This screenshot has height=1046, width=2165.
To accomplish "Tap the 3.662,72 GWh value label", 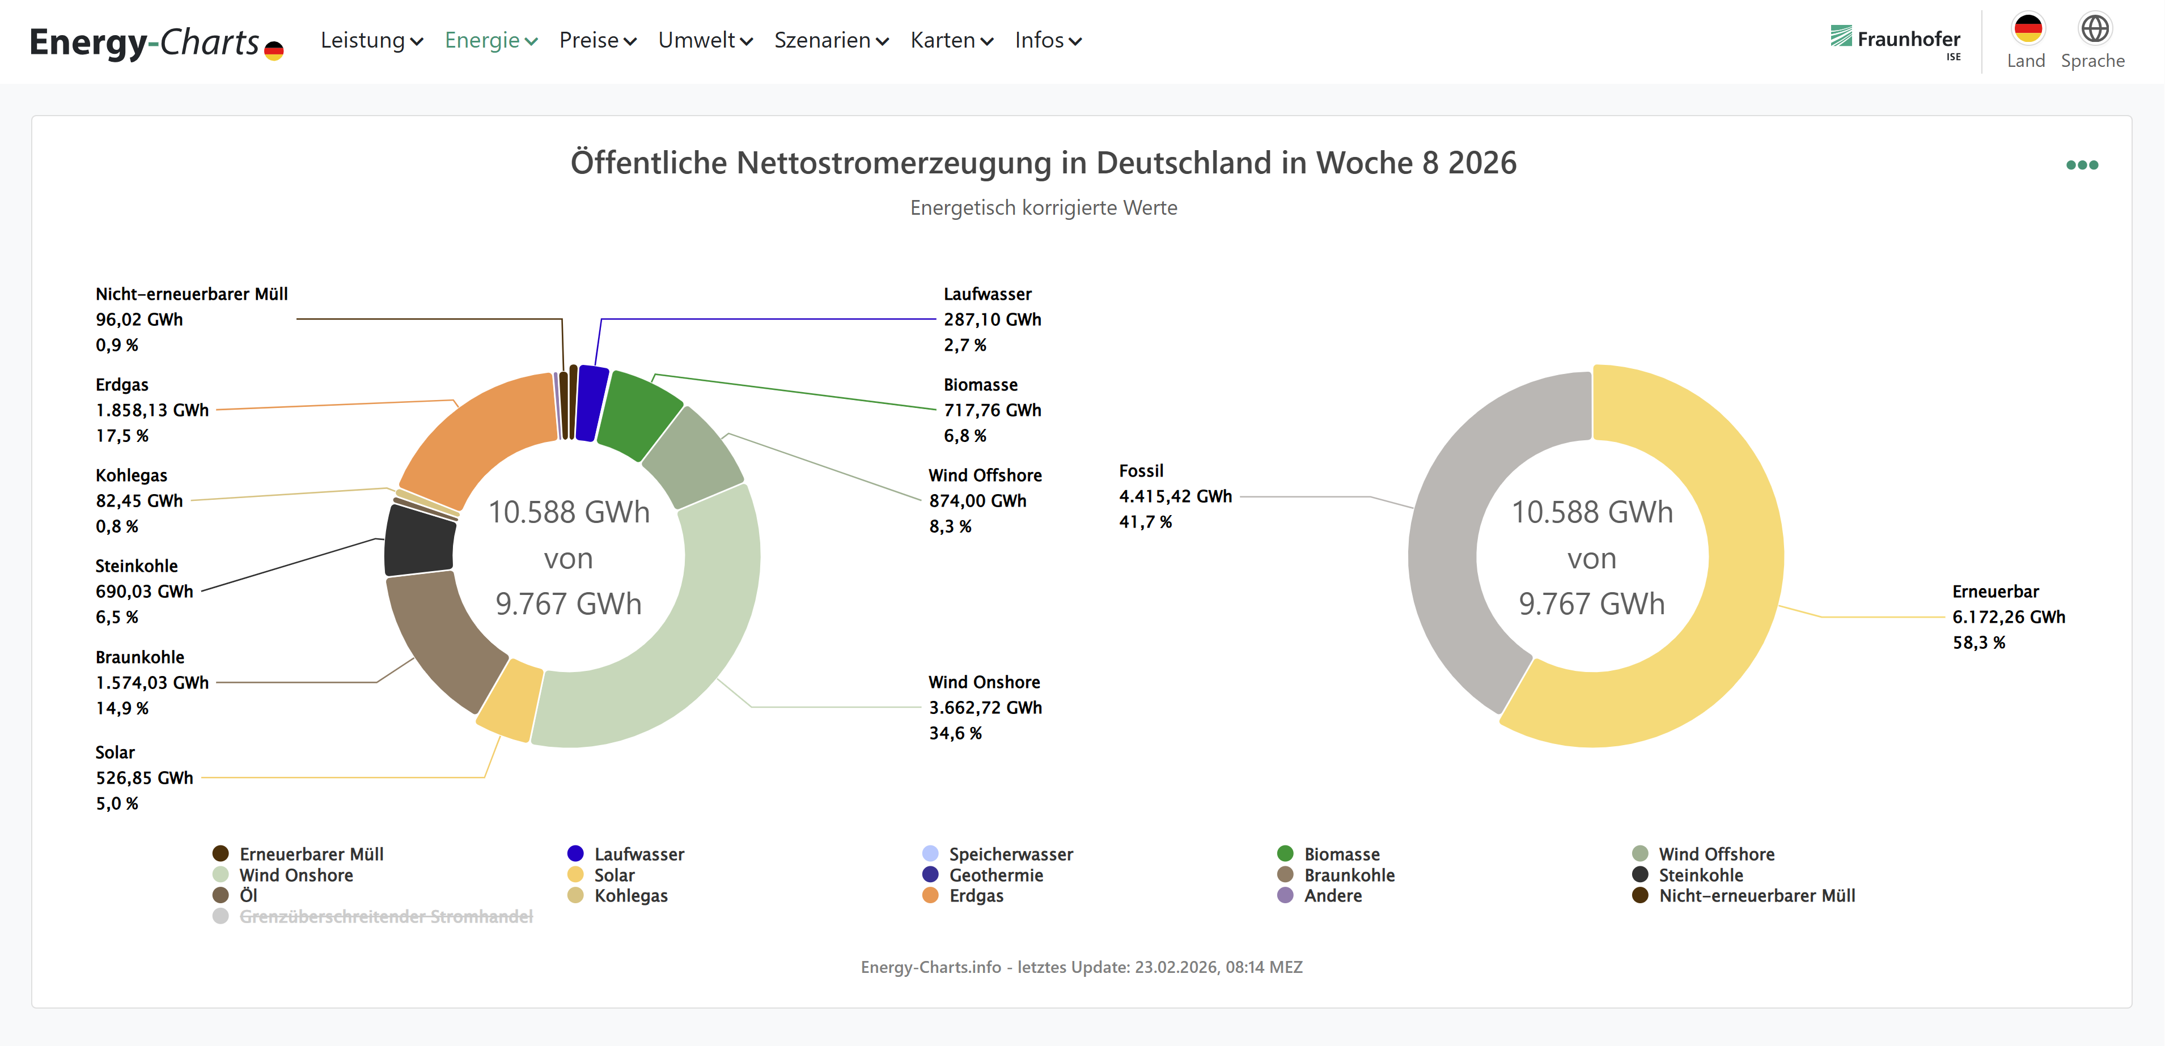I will point(985,707).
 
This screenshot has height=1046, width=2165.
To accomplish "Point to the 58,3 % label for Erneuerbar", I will point(1978,643).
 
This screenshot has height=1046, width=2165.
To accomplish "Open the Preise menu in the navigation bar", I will point(598,40).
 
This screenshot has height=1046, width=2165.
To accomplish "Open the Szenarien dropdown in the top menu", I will point(831,40).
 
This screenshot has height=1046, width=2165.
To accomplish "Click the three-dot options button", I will point(2082,165).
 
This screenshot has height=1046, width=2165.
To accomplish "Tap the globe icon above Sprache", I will point(2094,28).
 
